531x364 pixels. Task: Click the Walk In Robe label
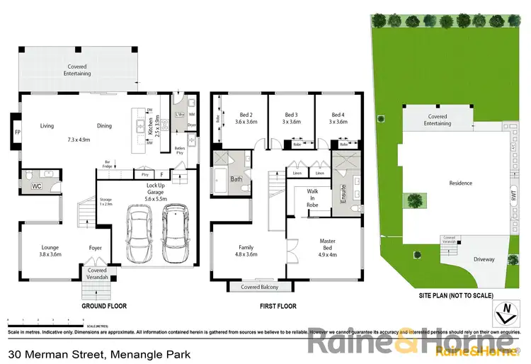[x=312, y=198]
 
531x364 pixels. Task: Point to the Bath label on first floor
[x=236, y=179]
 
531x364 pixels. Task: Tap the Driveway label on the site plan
[x=484, y=259]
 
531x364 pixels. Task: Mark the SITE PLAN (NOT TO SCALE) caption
[x=445, y=295]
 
